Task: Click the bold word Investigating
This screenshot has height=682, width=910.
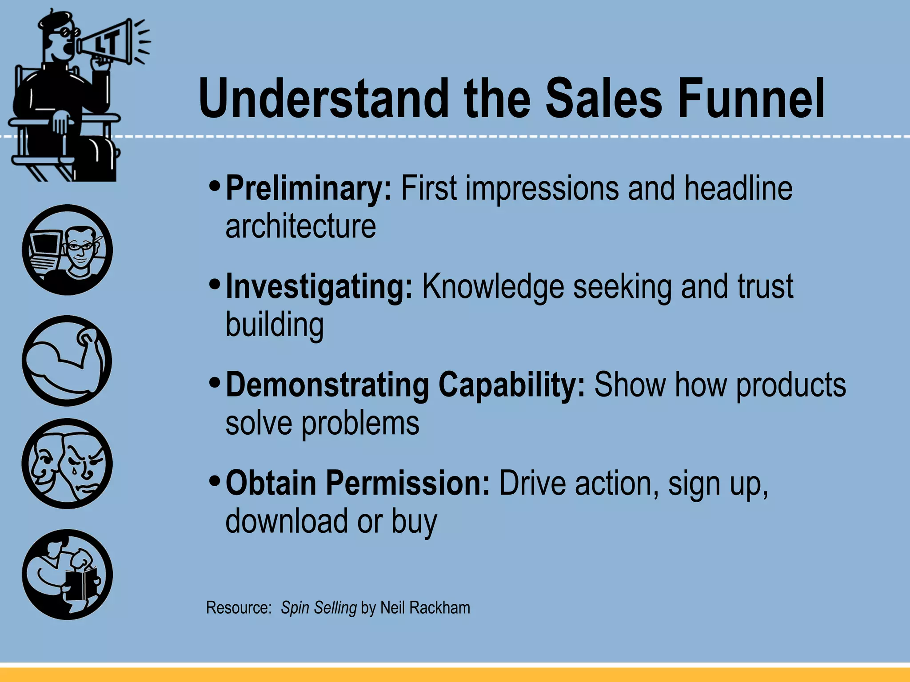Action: (x=319, y=288)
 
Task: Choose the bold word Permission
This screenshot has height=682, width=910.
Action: (x=408, y=484)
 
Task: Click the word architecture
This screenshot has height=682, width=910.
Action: (x=301, y=226)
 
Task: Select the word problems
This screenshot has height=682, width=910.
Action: (x=360, y=424)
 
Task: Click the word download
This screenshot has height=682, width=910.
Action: (x=287, y=521)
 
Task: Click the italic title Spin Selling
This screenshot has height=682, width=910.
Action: (x=319, y=608)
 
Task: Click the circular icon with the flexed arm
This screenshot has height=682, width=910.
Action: (x=67, y=361)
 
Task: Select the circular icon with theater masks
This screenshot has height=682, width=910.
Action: (x=67, y=464)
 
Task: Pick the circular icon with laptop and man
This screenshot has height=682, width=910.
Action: (x=67, y=250)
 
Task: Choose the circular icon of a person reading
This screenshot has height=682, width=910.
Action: (x=67, y=575)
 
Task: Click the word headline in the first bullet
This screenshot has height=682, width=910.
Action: (x=738, y=189)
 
